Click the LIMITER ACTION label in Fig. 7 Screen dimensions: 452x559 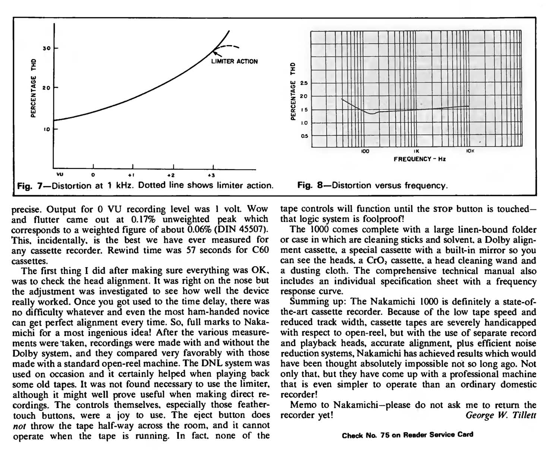234,61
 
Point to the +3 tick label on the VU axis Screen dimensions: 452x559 211,175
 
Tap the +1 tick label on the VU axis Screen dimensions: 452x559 131,175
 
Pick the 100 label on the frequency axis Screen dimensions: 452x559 365,151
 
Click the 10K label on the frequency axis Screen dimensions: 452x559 470,151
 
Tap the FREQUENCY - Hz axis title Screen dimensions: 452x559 420,159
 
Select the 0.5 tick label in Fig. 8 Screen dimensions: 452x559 304,136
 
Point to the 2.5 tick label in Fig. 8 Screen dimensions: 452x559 304,83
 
